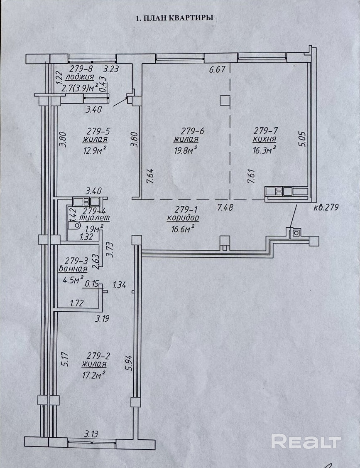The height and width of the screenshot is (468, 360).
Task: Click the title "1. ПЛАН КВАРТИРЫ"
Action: [175, 18]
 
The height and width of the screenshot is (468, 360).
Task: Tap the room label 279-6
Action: [186, 131]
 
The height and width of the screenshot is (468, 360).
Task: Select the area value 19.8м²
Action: [186, 149]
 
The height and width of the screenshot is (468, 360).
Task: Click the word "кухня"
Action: [265, 140]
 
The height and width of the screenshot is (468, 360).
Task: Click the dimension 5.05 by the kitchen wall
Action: [303, 139]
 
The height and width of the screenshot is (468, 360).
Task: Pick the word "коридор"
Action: [183, 217]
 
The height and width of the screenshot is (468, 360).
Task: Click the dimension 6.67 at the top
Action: [217, 69]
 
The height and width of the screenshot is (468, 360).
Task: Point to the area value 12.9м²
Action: [94, 149]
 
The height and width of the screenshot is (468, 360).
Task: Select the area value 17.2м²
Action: [93, 374]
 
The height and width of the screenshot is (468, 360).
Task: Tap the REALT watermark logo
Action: [306, 441]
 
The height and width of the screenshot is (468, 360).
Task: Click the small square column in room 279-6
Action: [225, 101]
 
